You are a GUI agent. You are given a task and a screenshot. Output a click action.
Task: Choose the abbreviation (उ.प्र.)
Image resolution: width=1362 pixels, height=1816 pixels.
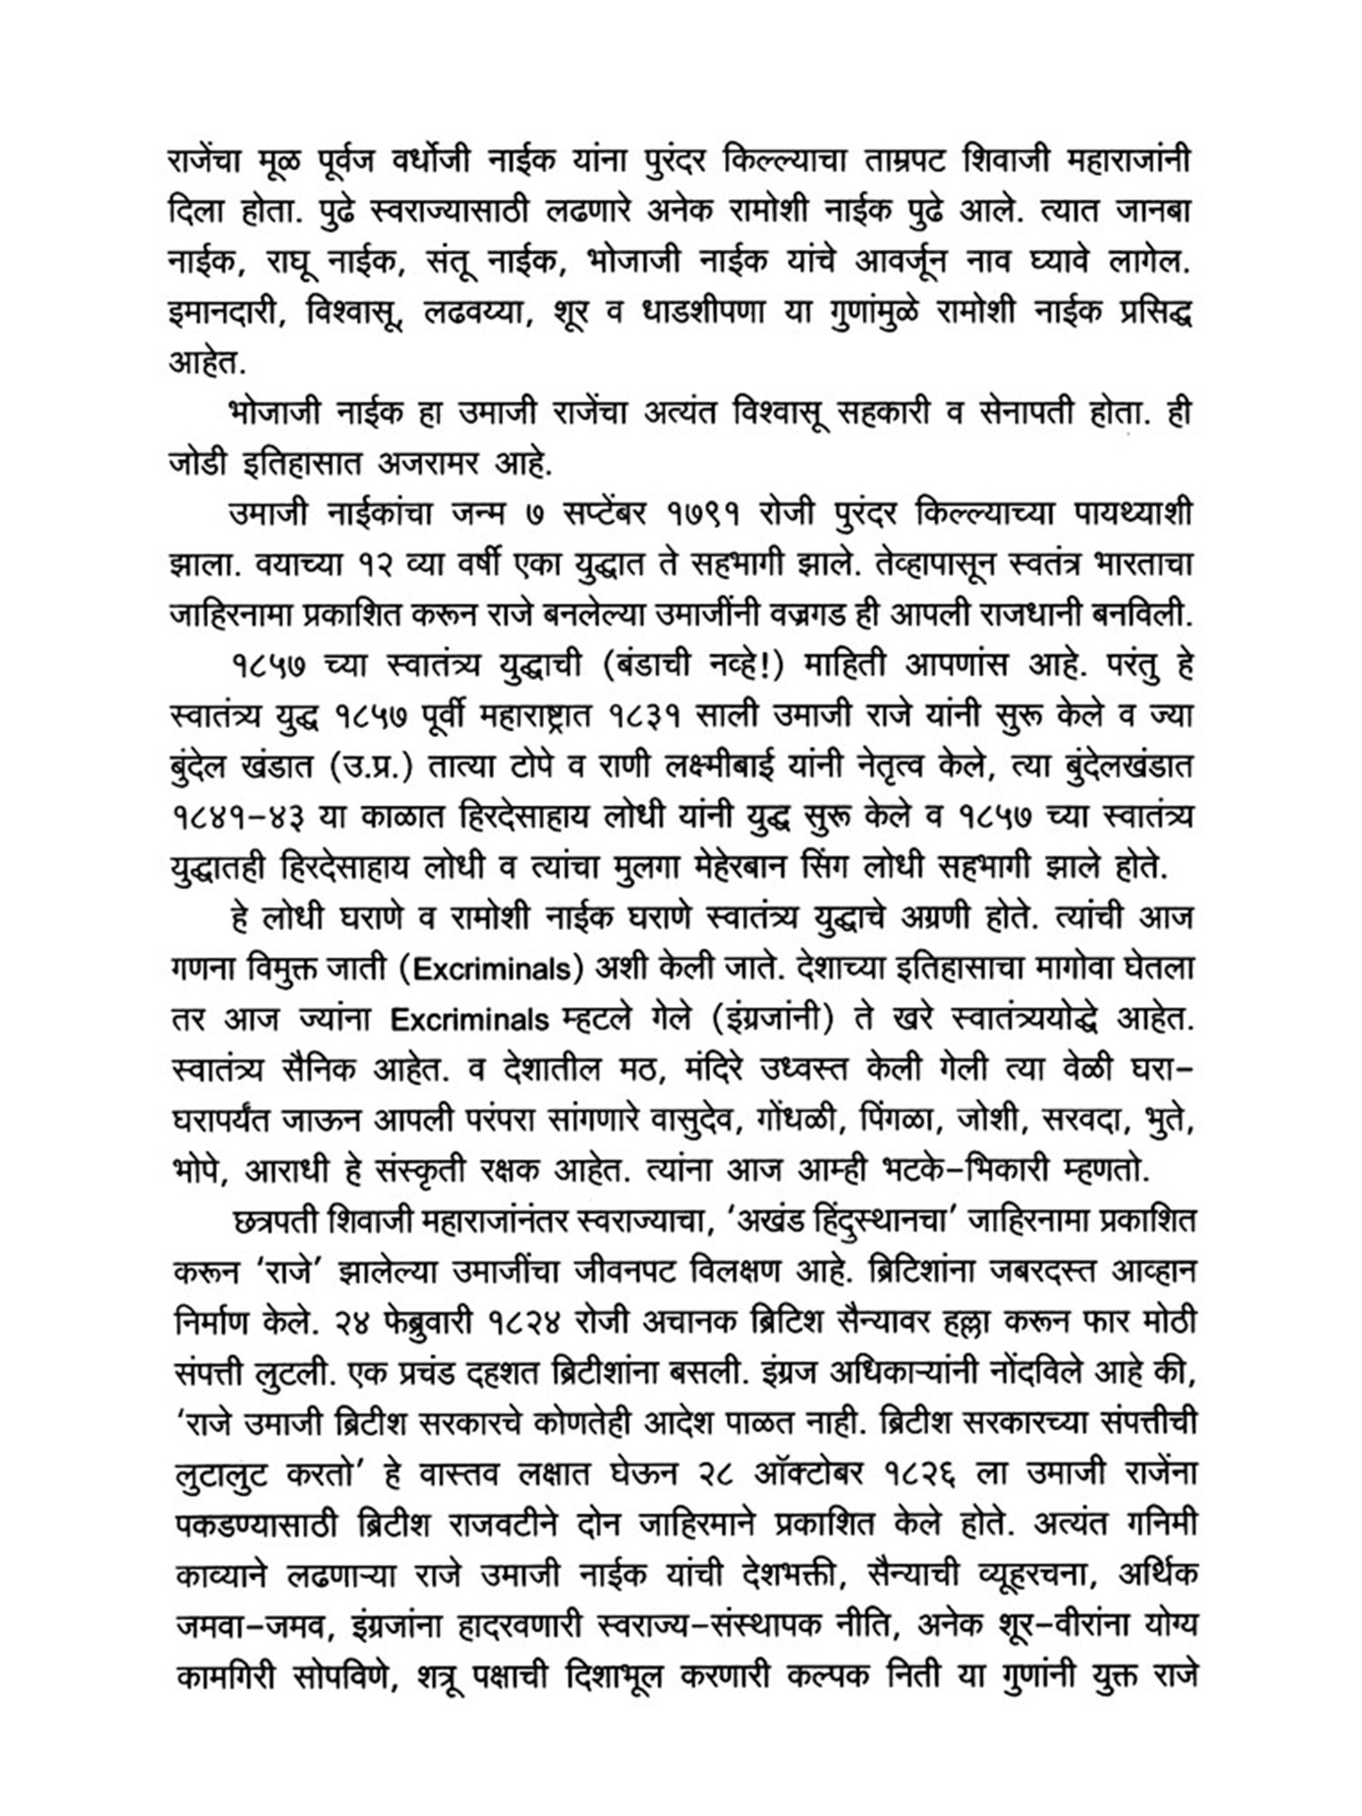coord(368,766)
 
